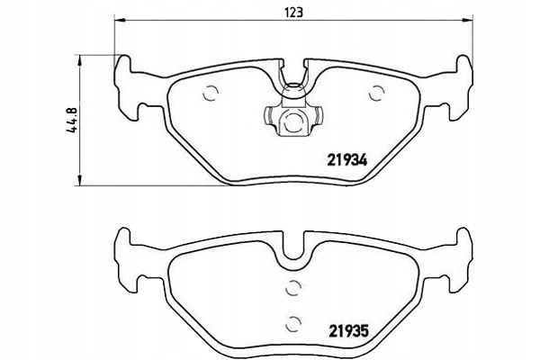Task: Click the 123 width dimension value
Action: click(x=293, y=13)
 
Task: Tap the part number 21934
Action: click(x=347, y=160)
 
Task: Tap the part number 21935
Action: click(x=349, y=331)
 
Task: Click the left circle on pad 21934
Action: click(x=211, y=93)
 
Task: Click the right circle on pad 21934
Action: click(x=376, y=93)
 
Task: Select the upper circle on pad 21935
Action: click(x=293, y=288)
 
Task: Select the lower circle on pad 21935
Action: click(x=293, y=323)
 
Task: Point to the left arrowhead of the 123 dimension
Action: click(x=119, y=21)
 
